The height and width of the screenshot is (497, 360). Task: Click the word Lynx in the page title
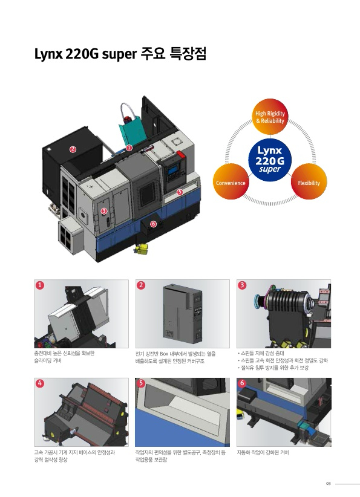tap(48, 54)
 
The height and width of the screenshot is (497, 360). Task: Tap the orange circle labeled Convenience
tap(231, 181)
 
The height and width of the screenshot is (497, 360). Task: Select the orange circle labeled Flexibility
tap(309, 181)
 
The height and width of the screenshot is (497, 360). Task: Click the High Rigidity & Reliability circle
tap(270, 117)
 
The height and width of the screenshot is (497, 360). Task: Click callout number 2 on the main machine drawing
tap(73, 149)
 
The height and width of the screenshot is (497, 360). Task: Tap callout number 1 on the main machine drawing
tap(129, 148)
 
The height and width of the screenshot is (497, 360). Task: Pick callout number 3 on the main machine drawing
tap(103, 211)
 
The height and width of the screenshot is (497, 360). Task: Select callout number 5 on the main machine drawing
tap(180, 192)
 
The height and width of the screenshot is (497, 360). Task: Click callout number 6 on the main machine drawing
tap(153, 224)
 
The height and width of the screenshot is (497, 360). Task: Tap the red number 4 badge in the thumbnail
tap(40, 383)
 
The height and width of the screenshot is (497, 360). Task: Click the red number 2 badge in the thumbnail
tap(141, 285)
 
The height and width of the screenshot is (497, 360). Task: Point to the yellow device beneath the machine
tap(142, 248)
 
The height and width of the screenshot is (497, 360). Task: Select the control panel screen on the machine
tap(173, 171)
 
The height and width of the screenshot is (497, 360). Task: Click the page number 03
tap(329, 484)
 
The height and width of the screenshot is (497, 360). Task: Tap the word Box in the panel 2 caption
tap(164, 354)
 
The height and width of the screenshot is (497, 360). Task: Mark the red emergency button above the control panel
tap(181, 155)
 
